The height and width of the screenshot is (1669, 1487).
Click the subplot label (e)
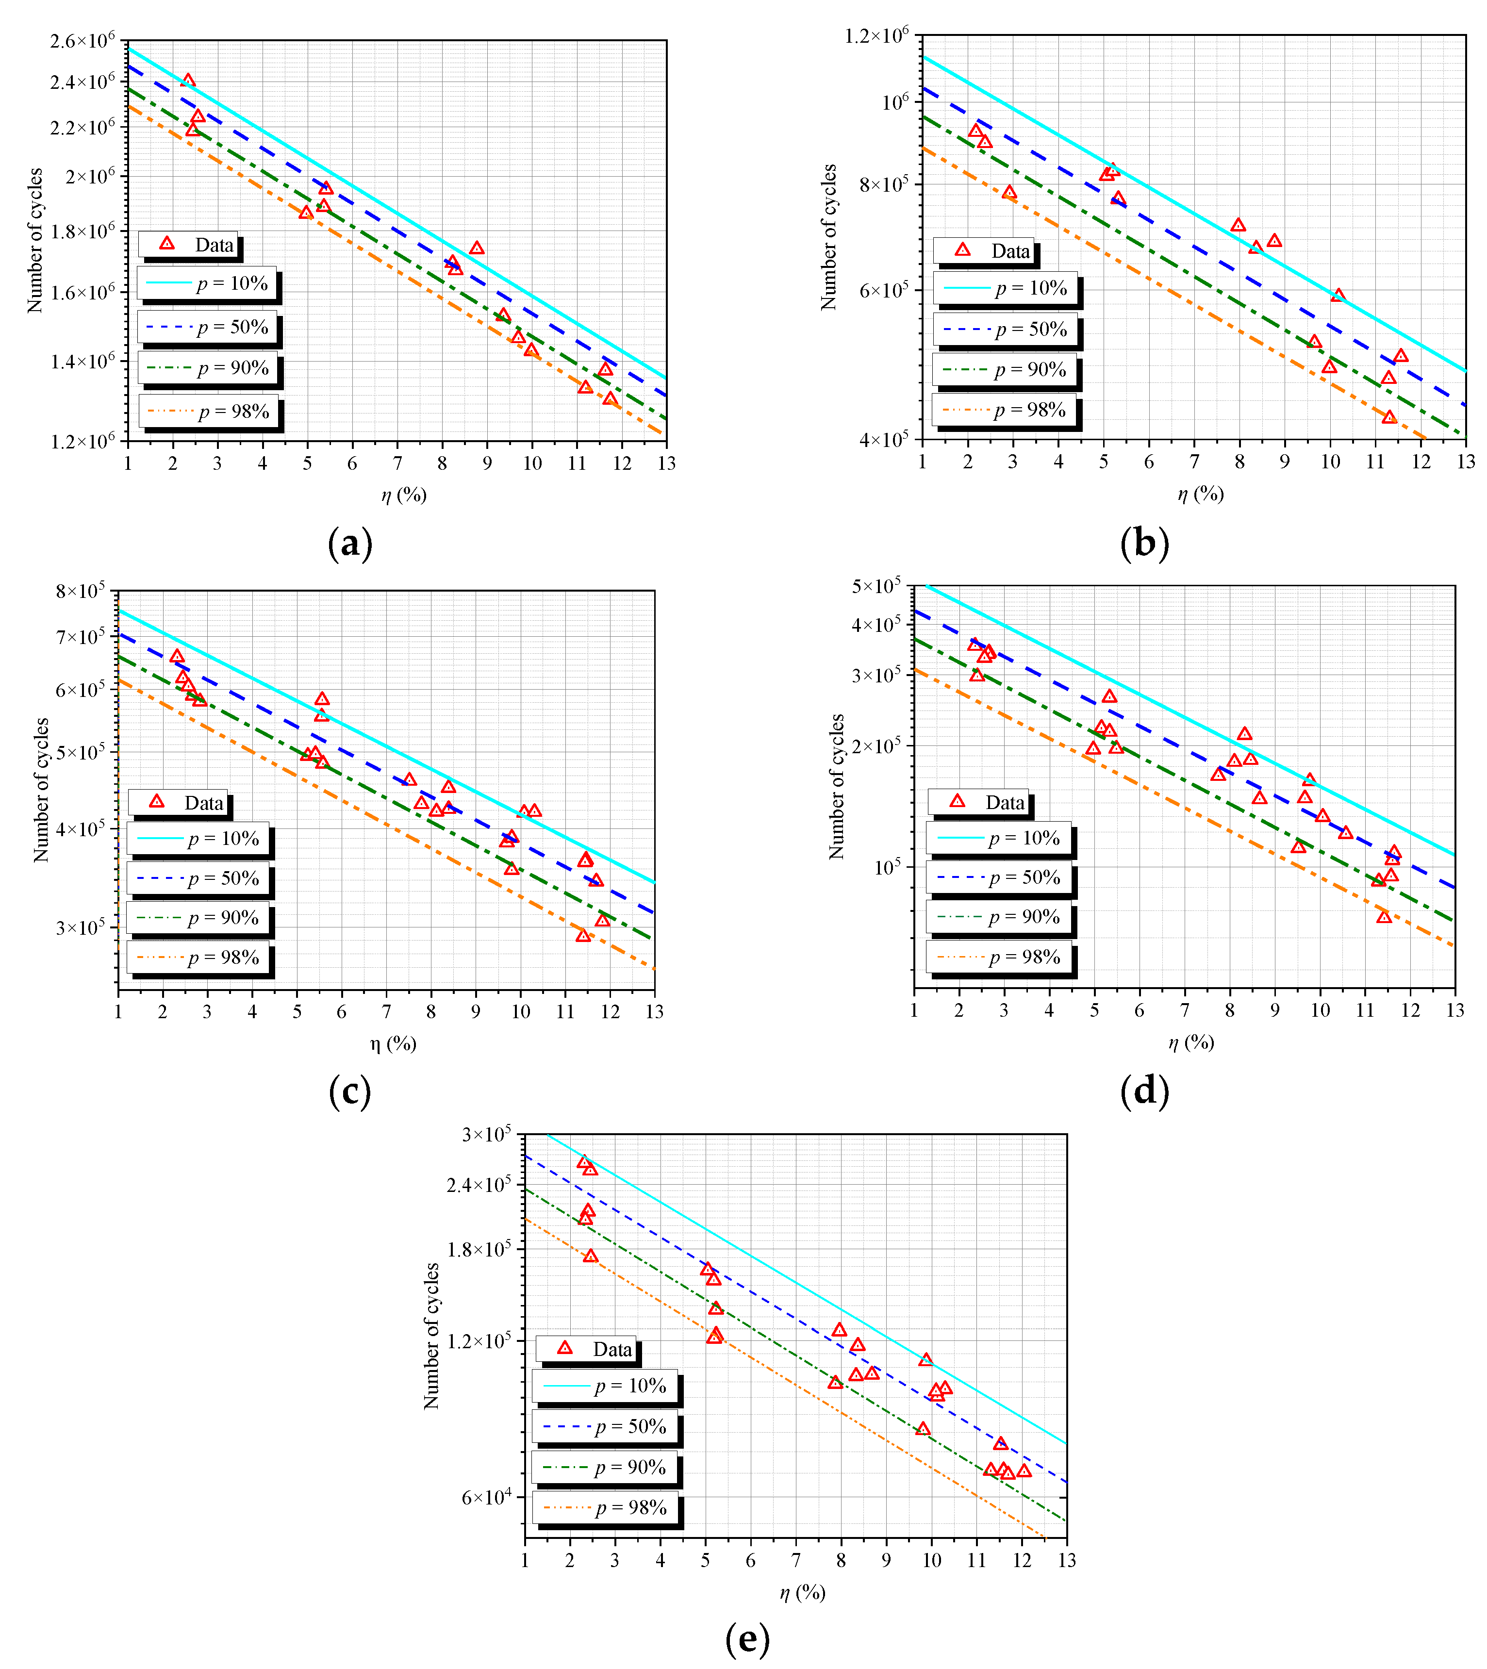tap(747, 1639)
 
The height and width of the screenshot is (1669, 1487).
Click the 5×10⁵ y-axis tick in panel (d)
tap(876, 586)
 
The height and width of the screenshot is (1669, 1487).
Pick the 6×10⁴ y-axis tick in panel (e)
tap(486, 1497)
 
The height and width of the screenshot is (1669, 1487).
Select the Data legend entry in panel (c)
tap(178, 803)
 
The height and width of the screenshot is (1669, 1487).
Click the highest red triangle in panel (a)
tap(188, 81)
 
